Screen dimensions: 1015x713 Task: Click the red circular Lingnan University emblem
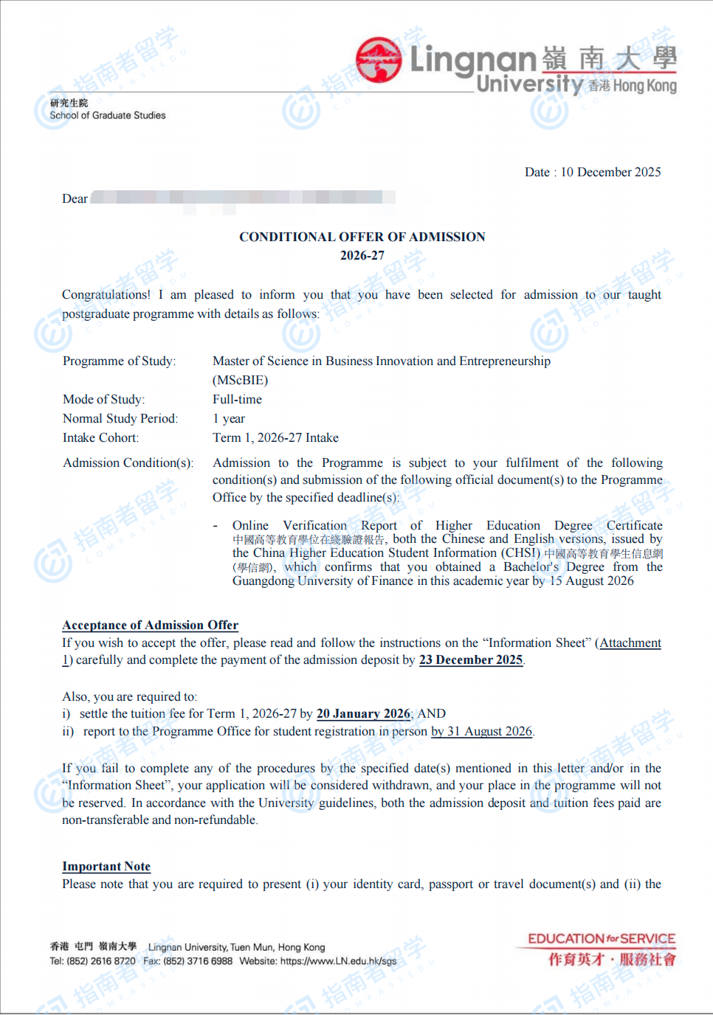click(x=379, y=59)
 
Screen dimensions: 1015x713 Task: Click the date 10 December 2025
click(x=610, y=172)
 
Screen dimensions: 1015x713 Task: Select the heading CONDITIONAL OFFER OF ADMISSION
click(x=362, y=237)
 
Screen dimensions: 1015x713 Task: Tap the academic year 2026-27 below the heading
click(x=362, y=255)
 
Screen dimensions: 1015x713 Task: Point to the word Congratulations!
click(x=106, y=294)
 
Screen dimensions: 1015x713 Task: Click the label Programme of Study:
click(x=119, y=361)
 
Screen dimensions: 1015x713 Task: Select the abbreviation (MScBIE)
click(x=240, y=380)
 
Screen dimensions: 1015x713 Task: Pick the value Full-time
click(x=237, y=399)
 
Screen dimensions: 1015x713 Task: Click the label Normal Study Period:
click(x=120, y=418)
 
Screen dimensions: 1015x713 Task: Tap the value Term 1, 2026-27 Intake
click(x=275, y=437)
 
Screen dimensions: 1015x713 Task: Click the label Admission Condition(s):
click(x=128, y=463)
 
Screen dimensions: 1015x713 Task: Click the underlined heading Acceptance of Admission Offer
click(x=150, y=625)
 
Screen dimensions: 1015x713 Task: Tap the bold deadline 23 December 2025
click(x=470, y=659)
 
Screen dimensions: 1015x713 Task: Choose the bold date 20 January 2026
click(x=363, y=713)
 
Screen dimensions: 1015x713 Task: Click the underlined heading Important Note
click(x=106, y=866)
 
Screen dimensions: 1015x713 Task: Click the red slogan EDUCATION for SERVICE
click(x=601, y=939)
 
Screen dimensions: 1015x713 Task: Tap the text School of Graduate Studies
click(x=108, y=115)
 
